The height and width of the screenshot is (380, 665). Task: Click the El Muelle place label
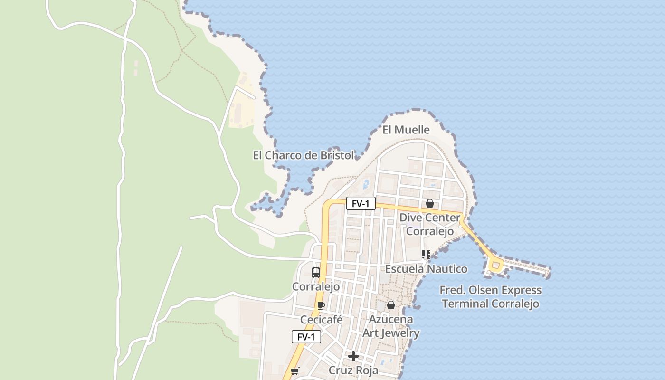click(x=406, y=130)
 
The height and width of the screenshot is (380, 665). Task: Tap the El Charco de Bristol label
click(x=303, y=155)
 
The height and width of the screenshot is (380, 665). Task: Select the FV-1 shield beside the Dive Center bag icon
click(x=361, y=204)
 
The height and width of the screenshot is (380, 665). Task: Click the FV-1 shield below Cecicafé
click(x=306, y=337)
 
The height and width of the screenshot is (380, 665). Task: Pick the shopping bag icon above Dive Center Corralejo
click(x=430, y=203)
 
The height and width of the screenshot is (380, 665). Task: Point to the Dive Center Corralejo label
click(x=430, y=225)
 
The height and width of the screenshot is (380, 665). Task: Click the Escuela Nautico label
click(x=426, y=269)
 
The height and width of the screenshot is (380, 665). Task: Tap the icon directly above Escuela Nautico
click(x=426, y=255)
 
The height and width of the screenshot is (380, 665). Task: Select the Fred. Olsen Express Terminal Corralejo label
click(x=491, y=297)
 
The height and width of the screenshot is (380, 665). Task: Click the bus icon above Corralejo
click(x=315, y=272)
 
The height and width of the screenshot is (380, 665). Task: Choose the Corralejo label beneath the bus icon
click(x=315, y=287)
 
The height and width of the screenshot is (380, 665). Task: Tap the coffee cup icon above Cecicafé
click(x=321, y=305)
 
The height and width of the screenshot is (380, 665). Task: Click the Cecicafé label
click(x=321, y=320)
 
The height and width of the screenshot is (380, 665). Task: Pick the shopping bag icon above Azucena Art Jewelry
click(x=391, y=305)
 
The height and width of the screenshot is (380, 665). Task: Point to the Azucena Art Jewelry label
click(x=391, y=326)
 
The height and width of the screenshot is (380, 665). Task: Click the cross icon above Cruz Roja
click(x=353, y=356)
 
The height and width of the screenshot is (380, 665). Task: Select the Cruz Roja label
click(x=353, y=370)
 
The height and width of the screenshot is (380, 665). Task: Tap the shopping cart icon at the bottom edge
click(x=294, y=371)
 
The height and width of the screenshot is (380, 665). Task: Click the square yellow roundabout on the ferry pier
click(x=495, y=265)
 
